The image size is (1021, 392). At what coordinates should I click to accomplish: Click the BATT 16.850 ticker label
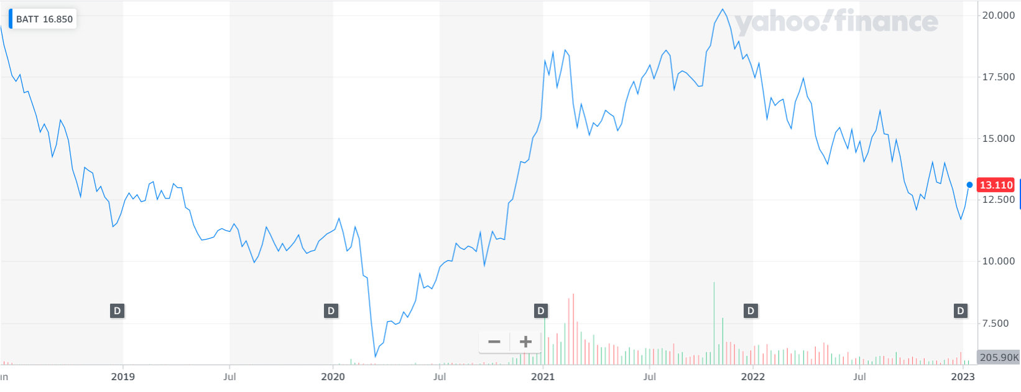[44, 19]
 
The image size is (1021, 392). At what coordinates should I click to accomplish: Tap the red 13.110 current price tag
[996, 185]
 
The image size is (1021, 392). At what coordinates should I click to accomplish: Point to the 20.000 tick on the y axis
[998, 16]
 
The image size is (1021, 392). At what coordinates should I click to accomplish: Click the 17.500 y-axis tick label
[998, 77]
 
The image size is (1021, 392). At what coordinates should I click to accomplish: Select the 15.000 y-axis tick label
[998, 139]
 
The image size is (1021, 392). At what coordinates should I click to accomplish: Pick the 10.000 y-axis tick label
[998, 261]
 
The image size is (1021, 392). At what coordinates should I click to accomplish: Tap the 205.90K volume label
[999, 358]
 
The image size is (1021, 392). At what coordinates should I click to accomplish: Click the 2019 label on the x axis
[122, 376]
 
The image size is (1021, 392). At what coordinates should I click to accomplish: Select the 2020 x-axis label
[333, 376]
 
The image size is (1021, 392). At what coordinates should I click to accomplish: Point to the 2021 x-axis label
[543, 376]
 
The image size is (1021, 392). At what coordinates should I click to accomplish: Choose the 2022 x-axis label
[753, 376]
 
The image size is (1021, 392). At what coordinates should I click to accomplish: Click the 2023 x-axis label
[963, 376]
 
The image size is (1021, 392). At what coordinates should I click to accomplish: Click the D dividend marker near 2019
[117, 311]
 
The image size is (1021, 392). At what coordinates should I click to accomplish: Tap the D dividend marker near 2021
[541, 311]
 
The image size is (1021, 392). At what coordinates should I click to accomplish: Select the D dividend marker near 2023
[961, 311]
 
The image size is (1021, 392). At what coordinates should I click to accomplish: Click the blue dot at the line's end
[969, 185]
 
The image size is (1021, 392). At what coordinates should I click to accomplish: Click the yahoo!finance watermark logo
[836, 22]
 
